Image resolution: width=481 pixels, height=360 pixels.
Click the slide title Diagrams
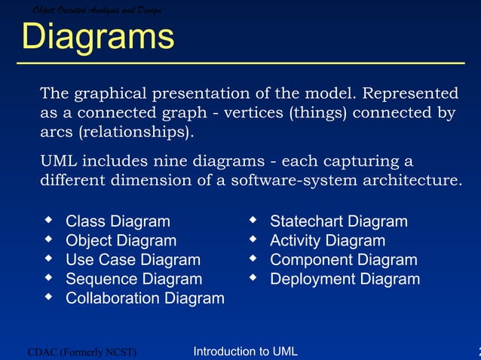(x=97, y=37)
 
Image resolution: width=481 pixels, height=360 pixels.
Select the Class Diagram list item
(x=118, y=221)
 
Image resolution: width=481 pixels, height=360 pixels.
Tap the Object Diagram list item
(x=121, y=241)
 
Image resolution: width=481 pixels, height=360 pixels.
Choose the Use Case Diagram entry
(x=133, y=261)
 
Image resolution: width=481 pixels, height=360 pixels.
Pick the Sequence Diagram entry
(x=133, y=279)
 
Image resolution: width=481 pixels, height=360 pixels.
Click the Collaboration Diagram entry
(x=145, y=299)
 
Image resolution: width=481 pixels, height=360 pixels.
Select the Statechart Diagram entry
(x=339, y=221)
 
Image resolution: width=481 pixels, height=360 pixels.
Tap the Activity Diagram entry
(x=327, y=241)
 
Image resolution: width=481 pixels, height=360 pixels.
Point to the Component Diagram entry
(x=343, y=261)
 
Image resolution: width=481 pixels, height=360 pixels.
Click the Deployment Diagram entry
(x=345, y=279)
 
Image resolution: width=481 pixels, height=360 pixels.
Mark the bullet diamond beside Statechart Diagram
(x=253, y=221)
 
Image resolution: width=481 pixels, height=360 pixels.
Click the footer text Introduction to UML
(x=245, y=351)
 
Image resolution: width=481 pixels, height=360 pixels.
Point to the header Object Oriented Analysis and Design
(x=97, y=9)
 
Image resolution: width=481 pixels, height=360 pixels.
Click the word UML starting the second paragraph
(x=57, y=162)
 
